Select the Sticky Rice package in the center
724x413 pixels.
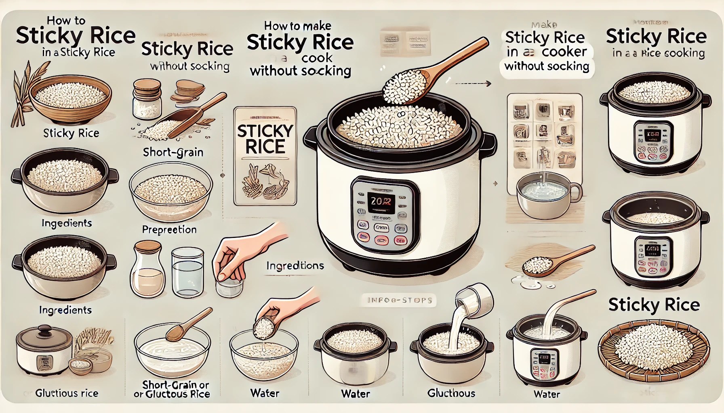tap(265, 156)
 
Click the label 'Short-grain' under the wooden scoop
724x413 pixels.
tap(173, 152)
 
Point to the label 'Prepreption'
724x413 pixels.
tap(169, 229)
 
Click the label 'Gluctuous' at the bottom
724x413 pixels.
tap(451, 393)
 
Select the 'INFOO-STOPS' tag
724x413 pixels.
tap(399, 300)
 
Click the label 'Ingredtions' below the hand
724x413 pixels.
tap(295, 265)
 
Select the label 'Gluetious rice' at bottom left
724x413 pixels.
tap(67, 393)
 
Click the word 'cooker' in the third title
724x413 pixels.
tap(564, 52)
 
